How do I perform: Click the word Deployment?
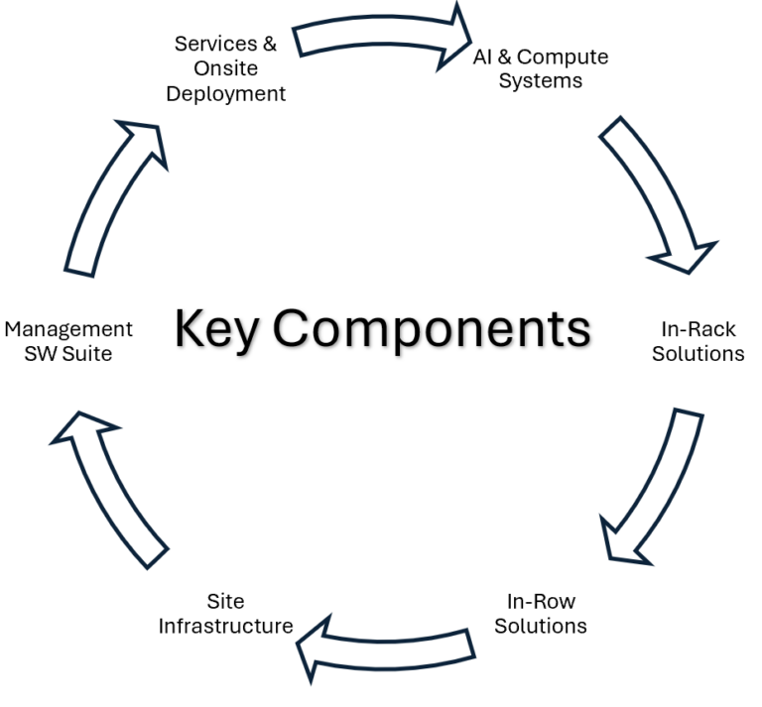coord(225,94)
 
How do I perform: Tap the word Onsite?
coord(225,69)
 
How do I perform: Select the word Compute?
coord(563,57)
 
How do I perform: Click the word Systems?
coord(540,81)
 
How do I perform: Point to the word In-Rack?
coord(698,328)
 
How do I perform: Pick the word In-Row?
coord(541,601)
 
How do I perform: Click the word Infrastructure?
coord(225,626)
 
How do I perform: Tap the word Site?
coord(225,601)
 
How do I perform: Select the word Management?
coord(68,328)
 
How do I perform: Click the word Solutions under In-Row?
coord(541,626)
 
